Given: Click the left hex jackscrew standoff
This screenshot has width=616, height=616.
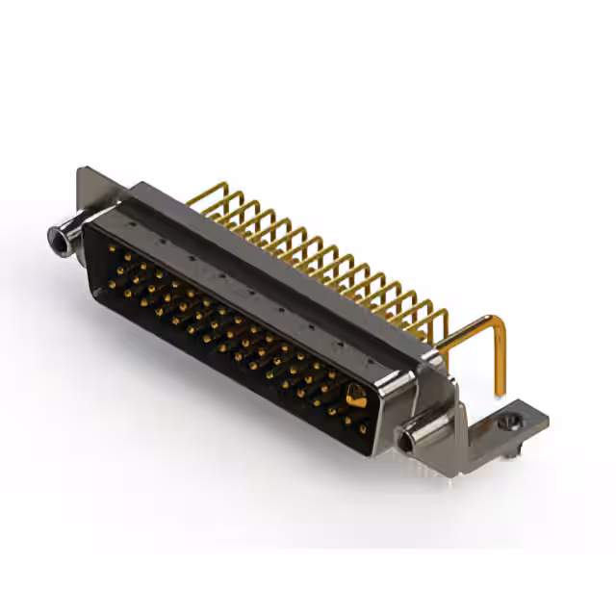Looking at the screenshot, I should click(65, 236).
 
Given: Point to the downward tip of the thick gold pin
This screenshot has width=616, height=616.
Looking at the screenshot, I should click(500, 390).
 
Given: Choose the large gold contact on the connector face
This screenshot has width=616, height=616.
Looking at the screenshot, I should click(355, 395).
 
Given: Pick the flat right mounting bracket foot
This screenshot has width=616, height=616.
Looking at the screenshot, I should click(515, 423).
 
